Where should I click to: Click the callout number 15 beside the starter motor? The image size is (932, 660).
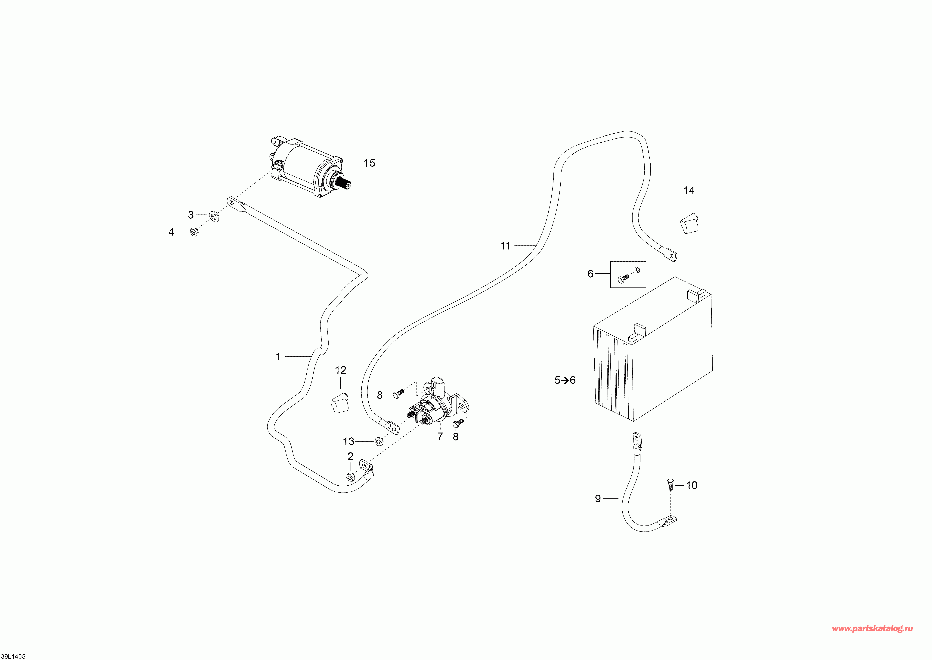pyautogui.click(x=369, y=163)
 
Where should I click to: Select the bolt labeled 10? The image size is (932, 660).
pyautogui.click(x=670, y=484)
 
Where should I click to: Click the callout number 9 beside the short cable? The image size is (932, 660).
pyautogui.click(x=598, y=499)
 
